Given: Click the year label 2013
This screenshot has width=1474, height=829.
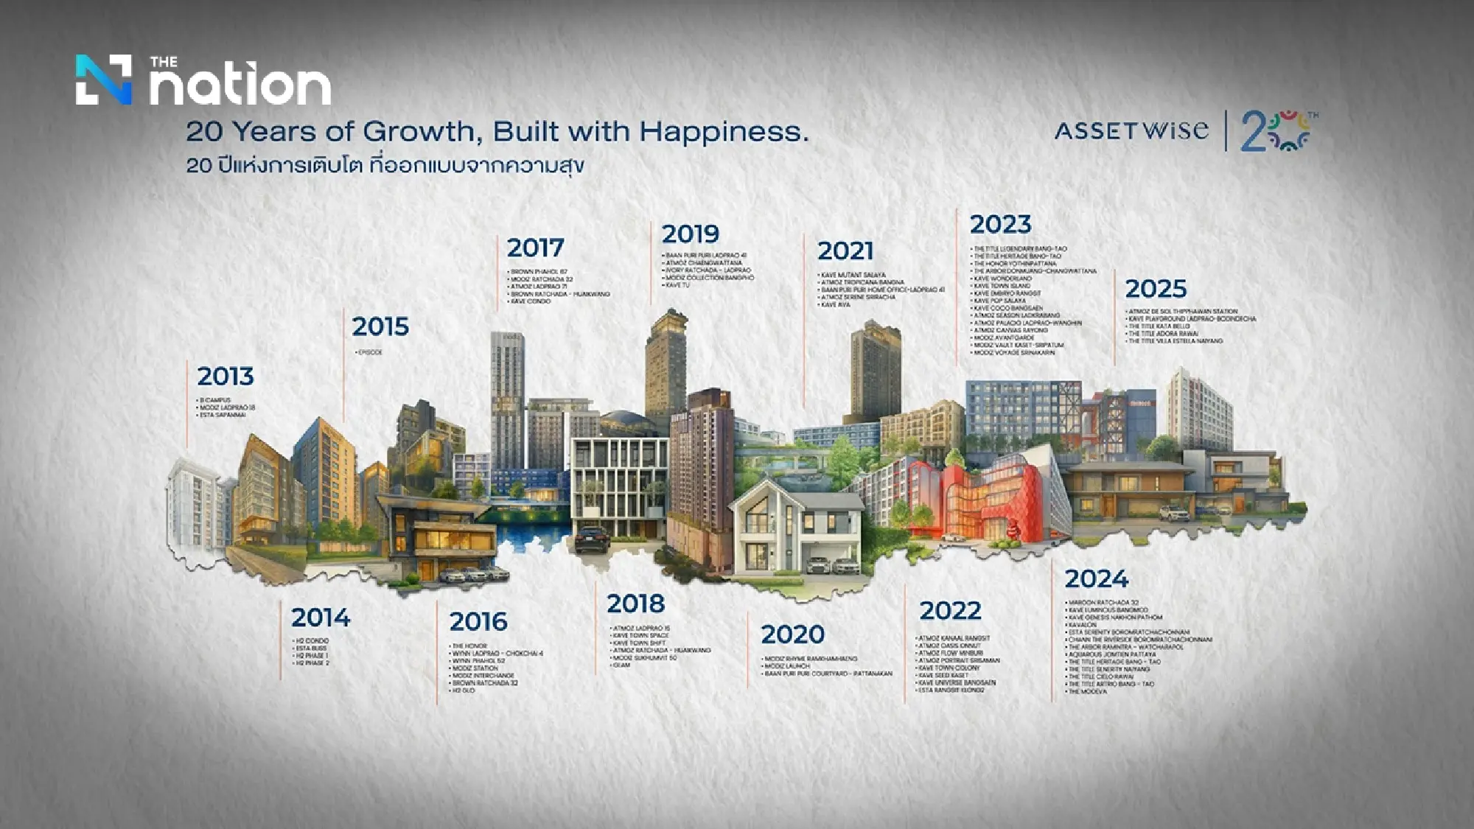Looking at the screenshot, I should pyautogui.click(x=226, y=377).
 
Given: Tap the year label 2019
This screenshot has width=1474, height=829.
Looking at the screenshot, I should pyautogui.click(x=690, y=234).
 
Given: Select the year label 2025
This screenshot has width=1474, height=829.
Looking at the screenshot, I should pyautogui.click(x=1156, y=289).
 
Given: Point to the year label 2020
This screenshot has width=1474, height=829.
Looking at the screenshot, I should pyautogui.click(x=792, y=634).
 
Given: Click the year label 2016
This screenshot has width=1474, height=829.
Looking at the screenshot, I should pyautogui.click(x=478, y=622).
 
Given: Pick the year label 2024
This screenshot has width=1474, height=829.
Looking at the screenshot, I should pyautogui.click(x=1096, y=579).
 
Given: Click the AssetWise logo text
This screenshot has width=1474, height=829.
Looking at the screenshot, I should pyautogui.click(x=1131, y=131).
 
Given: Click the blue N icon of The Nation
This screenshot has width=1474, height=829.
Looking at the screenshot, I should pyautogui.click(x=104, y=80).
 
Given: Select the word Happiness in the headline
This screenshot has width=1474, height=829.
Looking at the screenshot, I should pyautogui.click(x=724, y=132).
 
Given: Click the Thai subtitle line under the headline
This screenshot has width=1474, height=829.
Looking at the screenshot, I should pyautogui.click(x=385, y=165).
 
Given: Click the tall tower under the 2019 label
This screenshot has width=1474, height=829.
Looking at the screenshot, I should pyautogui.click(x=666, y=368).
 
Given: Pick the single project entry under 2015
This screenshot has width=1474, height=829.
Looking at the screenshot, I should pyautogui.click(x=369, y=353).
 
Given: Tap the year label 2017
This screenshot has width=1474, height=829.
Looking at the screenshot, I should pyautogui.click(x=535, y=248).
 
